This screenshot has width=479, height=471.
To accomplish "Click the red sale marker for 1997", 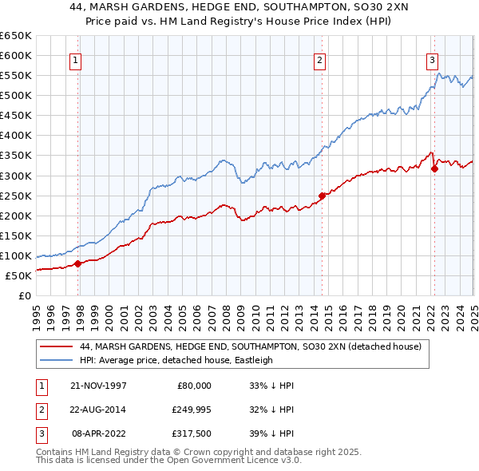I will pyautogui.click(x=78, y=263).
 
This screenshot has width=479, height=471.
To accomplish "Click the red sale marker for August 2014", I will pyautogui.click(x=322, y=195).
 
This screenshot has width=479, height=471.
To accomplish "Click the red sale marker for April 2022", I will pyautogui.click(x=433, y=168).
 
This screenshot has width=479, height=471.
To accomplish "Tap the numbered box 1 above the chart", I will pyautogui.click(x=74, y=59).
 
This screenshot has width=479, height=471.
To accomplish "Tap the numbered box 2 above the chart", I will pyautogui.click(x=319, y=59).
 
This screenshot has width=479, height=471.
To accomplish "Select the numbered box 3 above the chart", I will pyautogui.click(x=432, y=59).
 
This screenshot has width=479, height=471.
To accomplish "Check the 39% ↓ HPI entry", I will pyautogui.click(x=271, y=435).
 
